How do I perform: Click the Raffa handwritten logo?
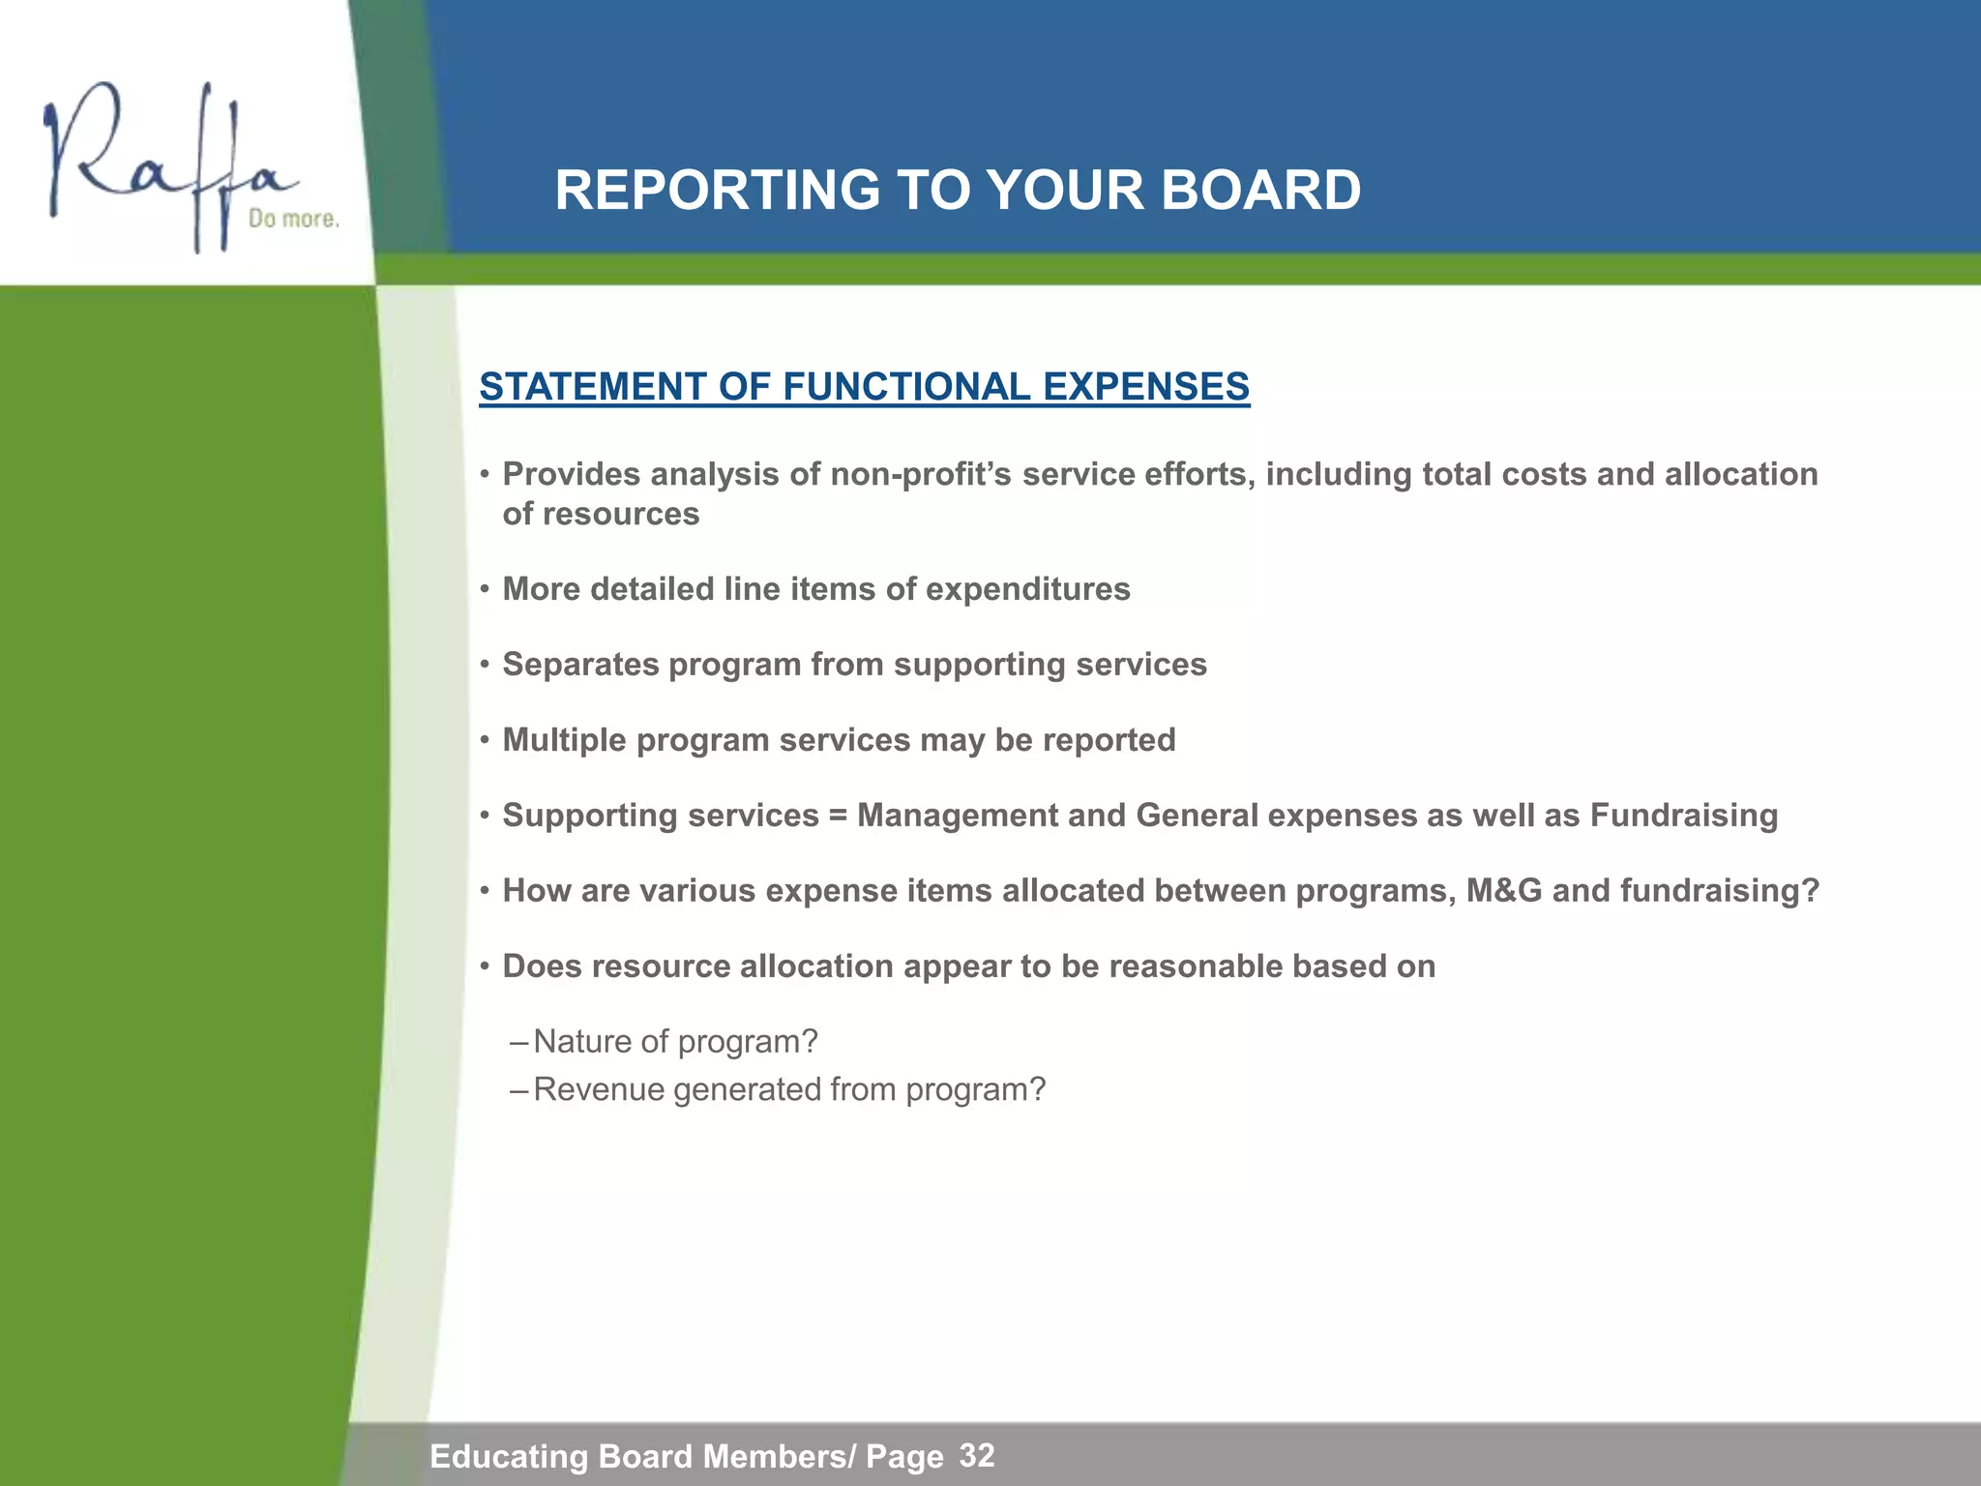164,164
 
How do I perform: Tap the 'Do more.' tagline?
294,219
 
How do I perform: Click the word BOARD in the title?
1260,190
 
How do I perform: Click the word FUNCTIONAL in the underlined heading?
906,387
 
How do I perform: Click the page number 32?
977,1455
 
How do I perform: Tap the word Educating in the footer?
508,1456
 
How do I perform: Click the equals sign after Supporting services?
838,817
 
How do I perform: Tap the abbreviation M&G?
1504,891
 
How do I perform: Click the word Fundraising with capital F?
1684,816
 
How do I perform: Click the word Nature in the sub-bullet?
581,1042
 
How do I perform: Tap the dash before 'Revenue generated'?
518,1091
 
